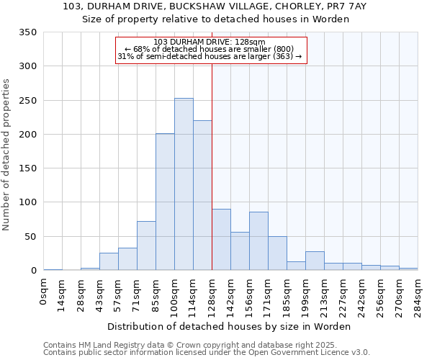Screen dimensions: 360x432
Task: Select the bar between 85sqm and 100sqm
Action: click(165, 202)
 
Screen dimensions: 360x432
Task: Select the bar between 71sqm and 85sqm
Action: click(146, 246)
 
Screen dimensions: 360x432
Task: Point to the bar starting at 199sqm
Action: click(315, 261)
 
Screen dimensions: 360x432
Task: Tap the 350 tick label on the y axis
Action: click(28, 32)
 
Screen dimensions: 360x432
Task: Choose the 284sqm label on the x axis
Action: click(418, 295)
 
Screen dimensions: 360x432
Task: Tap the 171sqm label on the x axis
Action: click(268, 295)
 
